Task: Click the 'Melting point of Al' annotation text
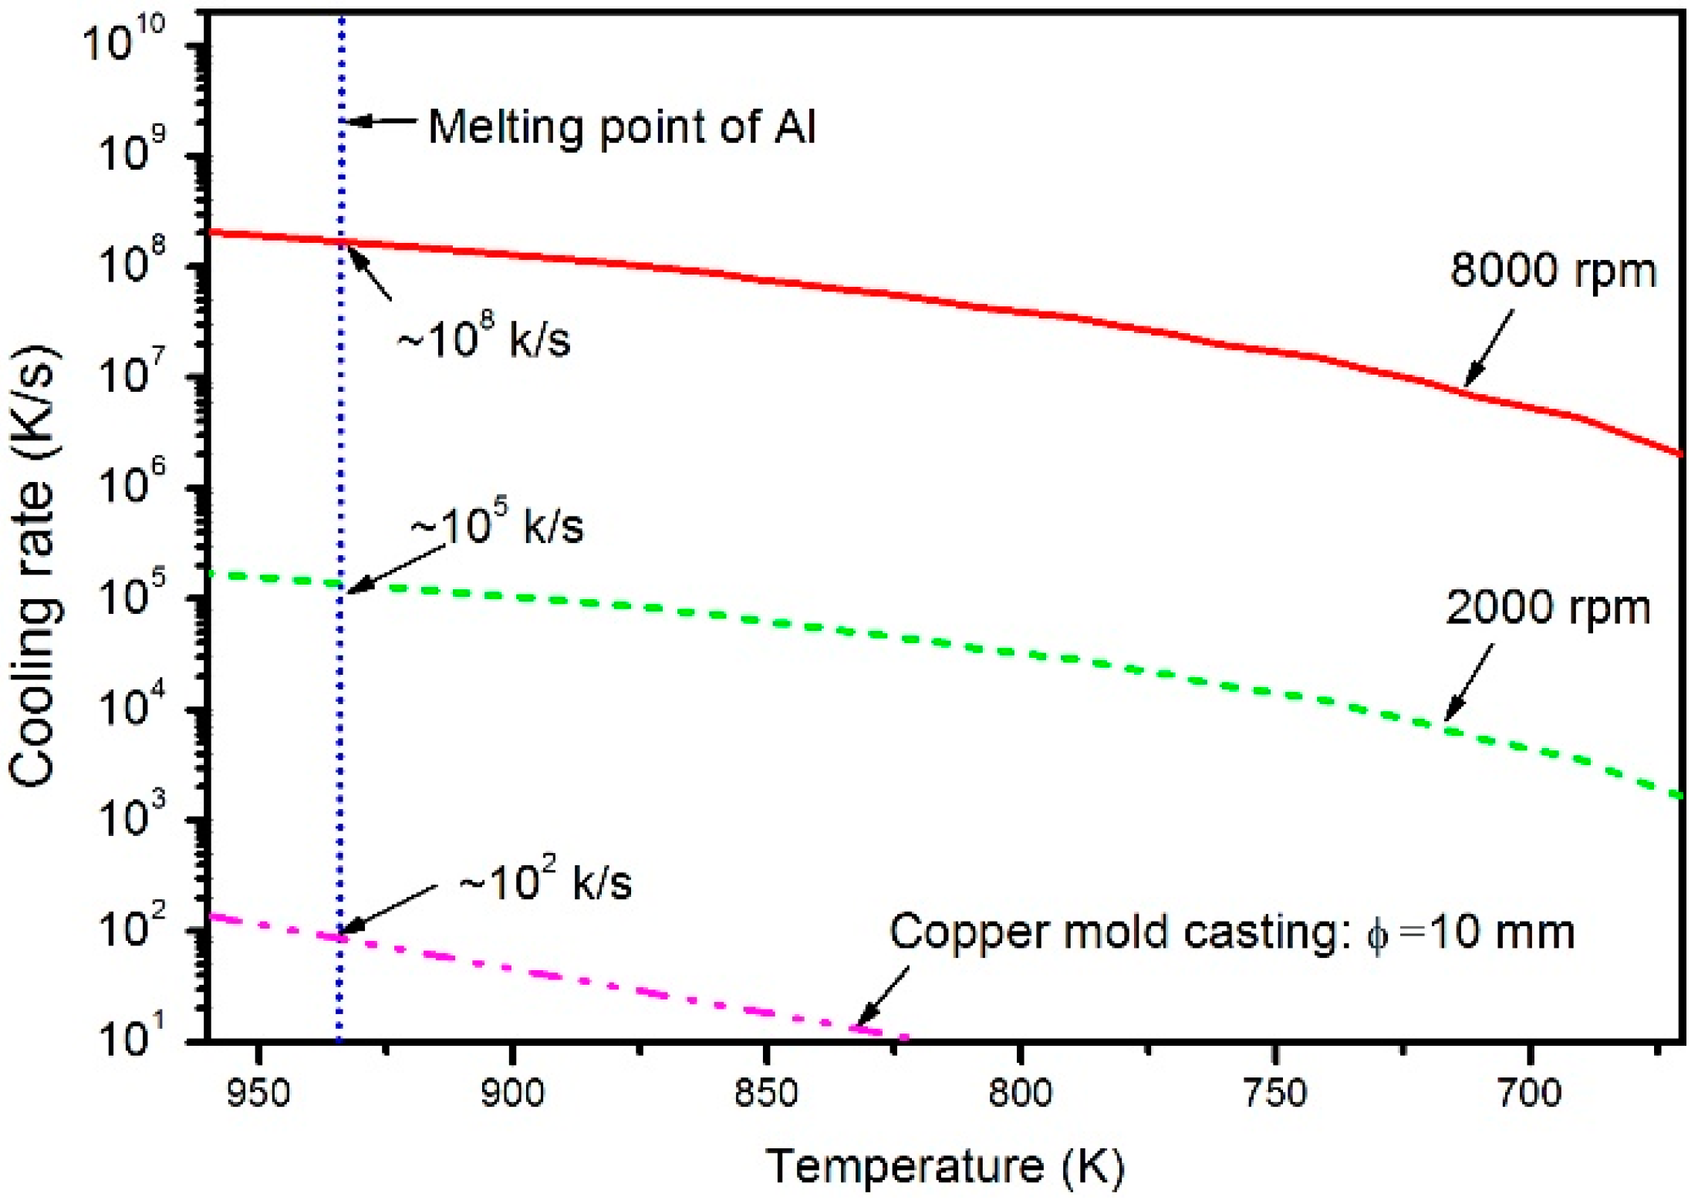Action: (621, 126)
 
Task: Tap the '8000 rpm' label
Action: (1553, 271)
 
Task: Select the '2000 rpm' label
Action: (1548, 608)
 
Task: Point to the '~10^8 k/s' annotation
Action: (484, 338)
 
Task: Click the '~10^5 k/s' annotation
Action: (498, 526)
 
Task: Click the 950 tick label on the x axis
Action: (258, 1094)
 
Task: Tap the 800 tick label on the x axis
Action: (1020, 1094)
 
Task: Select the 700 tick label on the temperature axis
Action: (1528, 1094)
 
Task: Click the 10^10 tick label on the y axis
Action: (123, 40)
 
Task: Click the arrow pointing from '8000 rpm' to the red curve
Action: (1489, 347)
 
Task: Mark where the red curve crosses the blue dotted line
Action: (341, 243)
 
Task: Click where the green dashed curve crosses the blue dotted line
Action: (340, 584)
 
